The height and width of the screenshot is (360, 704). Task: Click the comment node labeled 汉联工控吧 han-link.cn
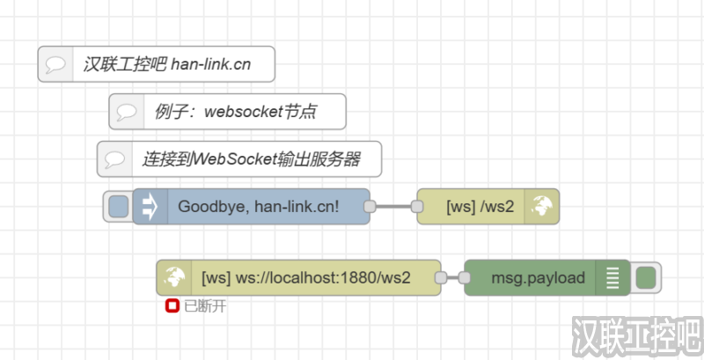click(157, 64)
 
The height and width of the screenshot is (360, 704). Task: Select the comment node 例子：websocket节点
click(227, 112)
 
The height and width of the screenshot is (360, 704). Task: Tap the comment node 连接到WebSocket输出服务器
click(239, 159)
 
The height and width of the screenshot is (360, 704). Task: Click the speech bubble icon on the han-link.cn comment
click(55, 64)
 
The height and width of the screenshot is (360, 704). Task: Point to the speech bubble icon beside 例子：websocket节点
click(127, 112)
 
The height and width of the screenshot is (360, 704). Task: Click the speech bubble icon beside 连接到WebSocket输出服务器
click(114, 159)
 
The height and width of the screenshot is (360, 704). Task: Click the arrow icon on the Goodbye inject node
click(149, 207)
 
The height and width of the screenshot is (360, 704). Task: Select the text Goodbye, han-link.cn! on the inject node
click(259, 207)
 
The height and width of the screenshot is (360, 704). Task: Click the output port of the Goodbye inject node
click(370, 207)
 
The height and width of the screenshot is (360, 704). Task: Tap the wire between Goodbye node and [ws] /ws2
click(393, 207)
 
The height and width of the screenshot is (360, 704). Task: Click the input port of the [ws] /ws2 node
click(418, 207)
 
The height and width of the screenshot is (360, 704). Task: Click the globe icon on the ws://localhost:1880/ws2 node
click(173, 278)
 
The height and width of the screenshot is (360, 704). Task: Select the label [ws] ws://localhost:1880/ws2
click(305, 278)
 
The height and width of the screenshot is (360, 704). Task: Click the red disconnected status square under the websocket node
click(172, 306)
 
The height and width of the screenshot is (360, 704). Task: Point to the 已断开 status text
click(198, 307)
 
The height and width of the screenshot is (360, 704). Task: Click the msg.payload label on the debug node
click(538, 278)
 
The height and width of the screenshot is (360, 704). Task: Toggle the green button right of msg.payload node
click(646, 278)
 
